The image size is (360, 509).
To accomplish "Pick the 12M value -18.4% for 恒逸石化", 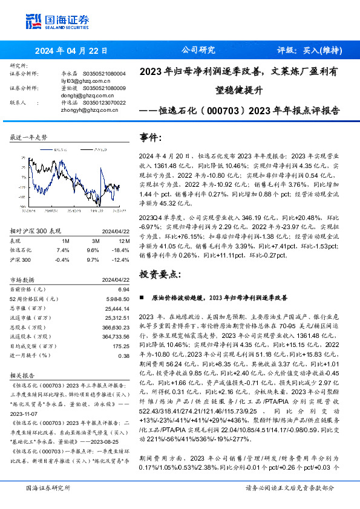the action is [121, 249].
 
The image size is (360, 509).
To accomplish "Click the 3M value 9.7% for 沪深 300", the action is [93, 259].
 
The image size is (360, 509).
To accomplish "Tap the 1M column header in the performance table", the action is [65, 240].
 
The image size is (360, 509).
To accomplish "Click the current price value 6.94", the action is [123, 290].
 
